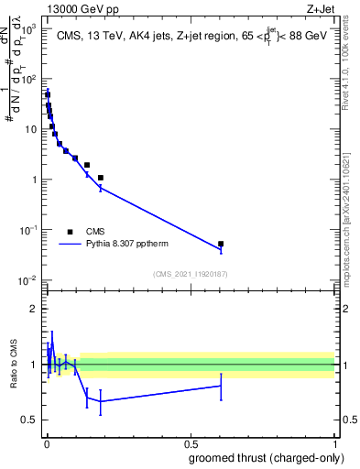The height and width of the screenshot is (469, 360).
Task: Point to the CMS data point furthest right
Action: [x=221, y=244]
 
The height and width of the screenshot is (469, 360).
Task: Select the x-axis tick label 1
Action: [x=334, y=443]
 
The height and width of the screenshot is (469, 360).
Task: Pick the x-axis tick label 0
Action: [x=47, y=443]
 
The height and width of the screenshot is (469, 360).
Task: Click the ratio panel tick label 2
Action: [x=35, y=309]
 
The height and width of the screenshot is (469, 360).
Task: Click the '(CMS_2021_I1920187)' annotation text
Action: [x=190, y=274]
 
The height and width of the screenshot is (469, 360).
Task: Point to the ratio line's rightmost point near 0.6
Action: [x=221, y=386]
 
